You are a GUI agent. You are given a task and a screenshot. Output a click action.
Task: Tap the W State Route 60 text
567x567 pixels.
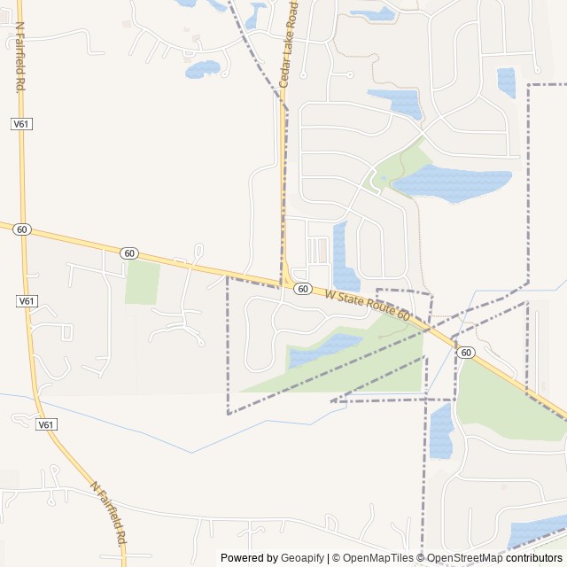368,305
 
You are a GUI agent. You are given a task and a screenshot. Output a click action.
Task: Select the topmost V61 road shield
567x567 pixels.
22,124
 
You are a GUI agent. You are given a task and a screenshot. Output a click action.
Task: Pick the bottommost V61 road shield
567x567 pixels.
47,425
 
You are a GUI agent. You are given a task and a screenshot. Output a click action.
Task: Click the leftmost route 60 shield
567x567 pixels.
22,229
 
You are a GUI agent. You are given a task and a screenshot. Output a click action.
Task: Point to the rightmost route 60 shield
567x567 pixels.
466,353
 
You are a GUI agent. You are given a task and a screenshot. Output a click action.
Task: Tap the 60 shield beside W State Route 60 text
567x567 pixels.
303,289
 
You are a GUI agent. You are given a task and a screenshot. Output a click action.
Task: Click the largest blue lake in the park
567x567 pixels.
452,183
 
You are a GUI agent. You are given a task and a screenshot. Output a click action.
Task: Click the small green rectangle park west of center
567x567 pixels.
142,282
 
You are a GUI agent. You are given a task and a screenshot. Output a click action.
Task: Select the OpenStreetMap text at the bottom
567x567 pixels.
461,558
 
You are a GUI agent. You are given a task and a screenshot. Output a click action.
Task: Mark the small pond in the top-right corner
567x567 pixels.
507,82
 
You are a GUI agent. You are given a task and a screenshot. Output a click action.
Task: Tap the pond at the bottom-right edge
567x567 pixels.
537,533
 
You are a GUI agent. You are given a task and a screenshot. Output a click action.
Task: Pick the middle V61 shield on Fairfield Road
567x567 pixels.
27,301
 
